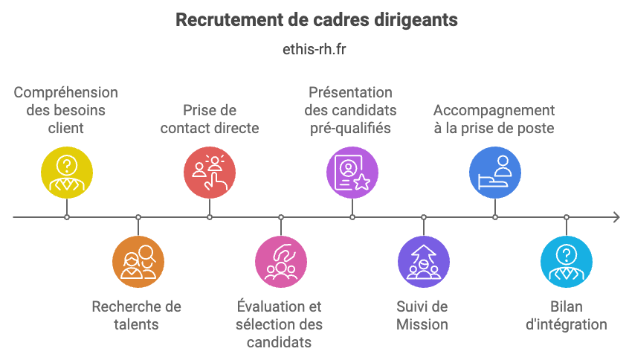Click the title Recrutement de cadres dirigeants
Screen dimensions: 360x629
[316, 20]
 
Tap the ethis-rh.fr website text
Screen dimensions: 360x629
[314, 50]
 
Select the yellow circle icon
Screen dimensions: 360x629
[67, 173]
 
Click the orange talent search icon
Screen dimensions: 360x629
[138, 262]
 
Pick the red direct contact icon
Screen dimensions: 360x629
[210, 173]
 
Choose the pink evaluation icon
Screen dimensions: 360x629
[281, 262]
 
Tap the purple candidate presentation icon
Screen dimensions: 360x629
[352, 173]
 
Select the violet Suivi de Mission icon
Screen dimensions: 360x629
[424, 262]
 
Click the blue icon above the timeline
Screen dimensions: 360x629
[495, 173]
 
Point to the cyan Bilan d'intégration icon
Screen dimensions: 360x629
[567, 262]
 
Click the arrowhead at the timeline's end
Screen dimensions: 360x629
[616, 217]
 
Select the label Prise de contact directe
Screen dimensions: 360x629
[210, 119]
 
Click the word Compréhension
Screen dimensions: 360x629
[66, 92]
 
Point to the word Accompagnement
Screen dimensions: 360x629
[494, 110]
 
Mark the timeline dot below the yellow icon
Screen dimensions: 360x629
[67, 217]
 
